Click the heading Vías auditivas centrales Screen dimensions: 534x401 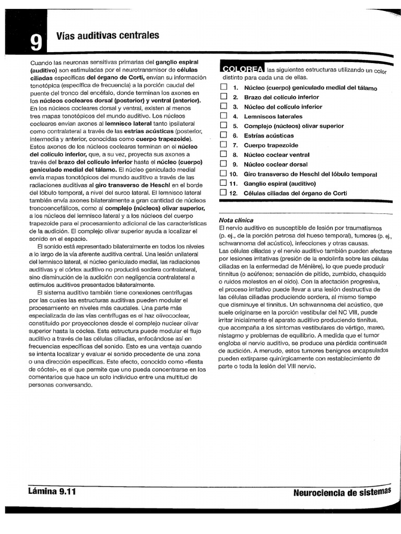(107, 35)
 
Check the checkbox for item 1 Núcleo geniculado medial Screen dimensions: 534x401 (223, 87)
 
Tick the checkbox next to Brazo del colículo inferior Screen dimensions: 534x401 (223, 96)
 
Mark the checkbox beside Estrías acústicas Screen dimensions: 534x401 (223, 135)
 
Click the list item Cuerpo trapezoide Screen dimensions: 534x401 (271, 145)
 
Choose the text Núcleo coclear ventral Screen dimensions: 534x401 (276, 154)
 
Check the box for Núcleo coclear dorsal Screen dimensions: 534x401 (223, 164)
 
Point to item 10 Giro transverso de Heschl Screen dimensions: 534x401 (303, 174)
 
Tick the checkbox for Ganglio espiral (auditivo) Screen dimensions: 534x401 (223, 183)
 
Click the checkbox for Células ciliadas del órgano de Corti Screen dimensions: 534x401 (223, 192)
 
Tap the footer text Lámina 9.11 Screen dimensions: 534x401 (53, 491)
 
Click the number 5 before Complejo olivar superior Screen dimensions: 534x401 (235, 126)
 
